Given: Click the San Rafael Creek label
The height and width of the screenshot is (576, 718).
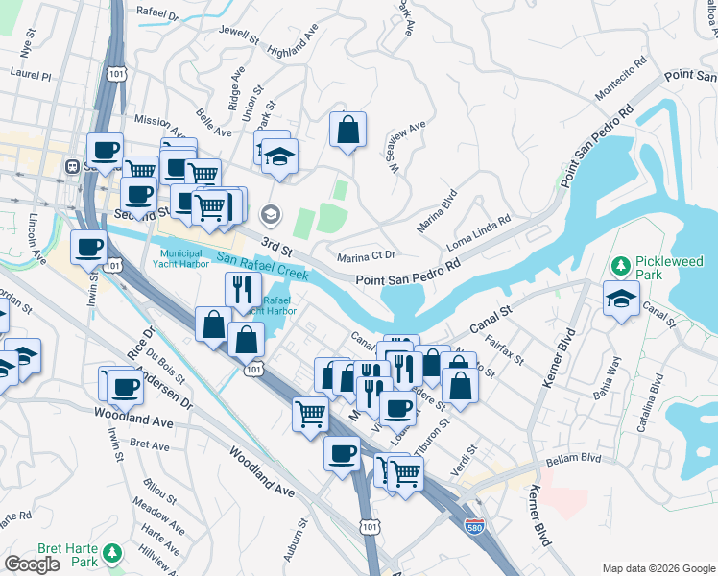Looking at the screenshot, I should coord(261,266).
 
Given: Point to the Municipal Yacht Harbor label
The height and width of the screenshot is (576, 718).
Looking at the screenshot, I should coord(186,258).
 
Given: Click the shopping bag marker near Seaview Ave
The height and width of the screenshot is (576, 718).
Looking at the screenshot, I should coord(347,131).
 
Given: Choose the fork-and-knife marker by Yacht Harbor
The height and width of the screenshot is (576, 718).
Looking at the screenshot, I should coord(243,289).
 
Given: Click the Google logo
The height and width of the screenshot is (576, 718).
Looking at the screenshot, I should coord(32,564).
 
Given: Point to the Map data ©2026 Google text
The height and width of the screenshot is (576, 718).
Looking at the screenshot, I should coord(658,568).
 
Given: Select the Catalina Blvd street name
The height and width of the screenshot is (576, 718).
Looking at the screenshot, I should coord(656,396).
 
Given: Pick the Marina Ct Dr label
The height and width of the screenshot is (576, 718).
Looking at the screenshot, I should coord(368,257).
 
